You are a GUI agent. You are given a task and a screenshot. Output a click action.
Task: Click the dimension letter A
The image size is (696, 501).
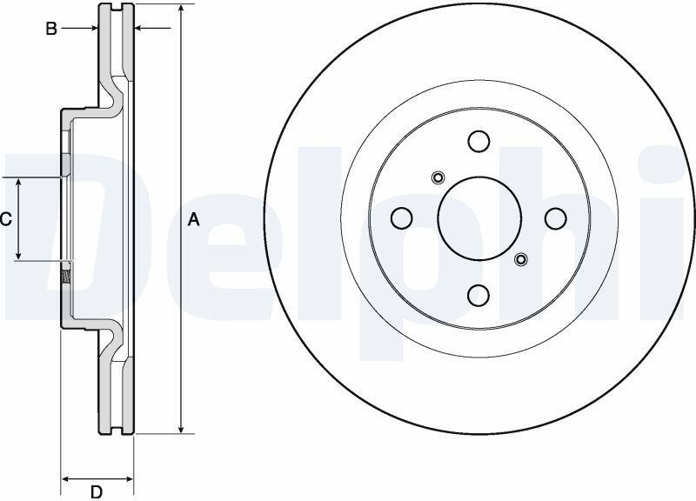[x=193, y=220]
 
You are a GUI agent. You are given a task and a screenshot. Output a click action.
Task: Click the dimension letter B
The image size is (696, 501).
[x=51, y=29]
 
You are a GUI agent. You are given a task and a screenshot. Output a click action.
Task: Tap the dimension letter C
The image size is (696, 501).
[x=6, y=219]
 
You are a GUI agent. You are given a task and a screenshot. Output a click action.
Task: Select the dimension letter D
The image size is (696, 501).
[x=97, y=491]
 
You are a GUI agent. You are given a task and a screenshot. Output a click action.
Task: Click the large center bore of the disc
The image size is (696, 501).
[x=479, y=218]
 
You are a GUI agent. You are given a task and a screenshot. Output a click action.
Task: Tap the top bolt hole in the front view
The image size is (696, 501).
[x=479, y=141]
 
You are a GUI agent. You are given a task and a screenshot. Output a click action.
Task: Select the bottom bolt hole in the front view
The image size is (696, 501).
[x=479, y=296]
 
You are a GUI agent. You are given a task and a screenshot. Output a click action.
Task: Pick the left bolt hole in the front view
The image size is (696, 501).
[x=402, y=218]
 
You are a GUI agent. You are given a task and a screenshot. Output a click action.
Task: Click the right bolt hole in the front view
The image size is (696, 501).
[x=556, y=218]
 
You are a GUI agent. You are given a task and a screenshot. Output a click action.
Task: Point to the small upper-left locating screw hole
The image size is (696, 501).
[x=438, y=178]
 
